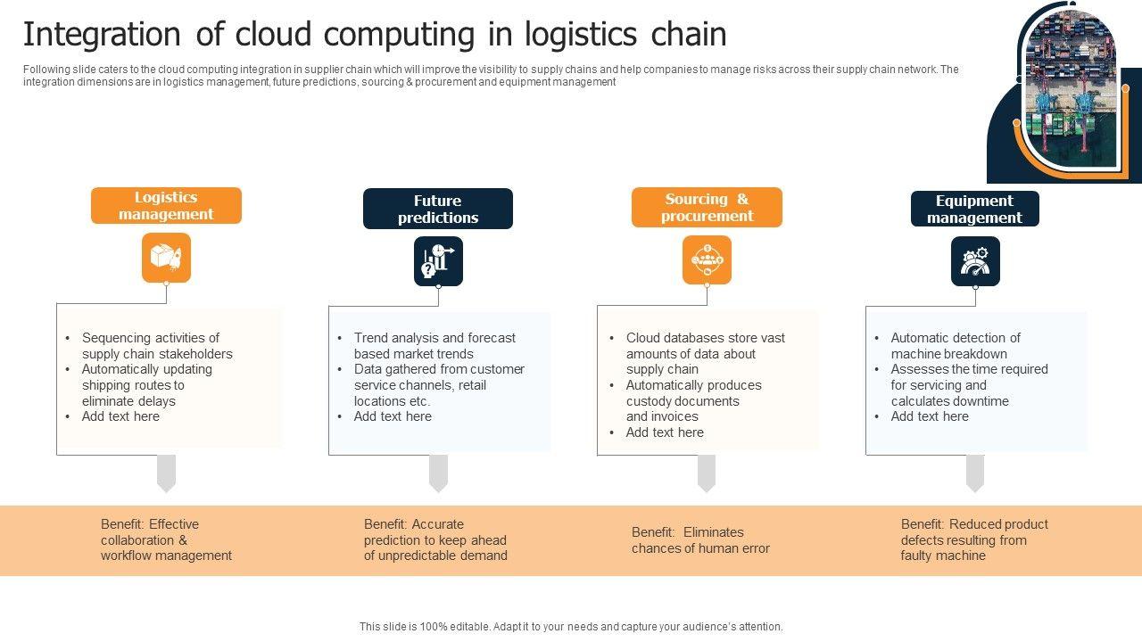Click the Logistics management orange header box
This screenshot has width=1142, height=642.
tap(166, 205)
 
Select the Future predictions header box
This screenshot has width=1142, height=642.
tap(438, 209)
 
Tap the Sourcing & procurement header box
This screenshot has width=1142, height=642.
tap(707, 207)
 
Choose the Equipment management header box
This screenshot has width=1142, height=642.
tap(975, 209)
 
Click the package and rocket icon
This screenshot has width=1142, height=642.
tap(166, 258)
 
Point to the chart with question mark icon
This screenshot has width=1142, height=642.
tap(438, 261)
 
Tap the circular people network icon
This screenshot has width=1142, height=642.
tap(707, 259)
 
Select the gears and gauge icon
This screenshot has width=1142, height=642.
tap(975, 261)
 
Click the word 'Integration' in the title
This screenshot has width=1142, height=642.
tap(102, 34)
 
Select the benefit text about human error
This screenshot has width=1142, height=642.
tap(700, 540)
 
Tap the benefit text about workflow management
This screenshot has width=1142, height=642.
tap(166, 539)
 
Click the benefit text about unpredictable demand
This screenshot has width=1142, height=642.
tap(435, 539)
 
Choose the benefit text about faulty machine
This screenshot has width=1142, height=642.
tap(974, 539)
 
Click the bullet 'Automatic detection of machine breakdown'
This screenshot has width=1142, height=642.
tap(956, 345)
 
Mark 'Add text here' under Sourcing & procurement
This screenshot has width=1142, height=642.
tap(665, 432)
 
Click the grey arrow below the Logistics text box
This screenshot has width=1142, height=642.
tap(166, 473)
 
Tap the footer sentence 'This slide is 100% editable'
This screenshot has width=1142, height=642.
tap(571, 626)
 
